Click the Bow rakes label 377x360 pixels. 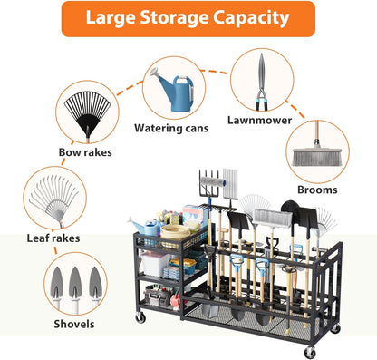tap(85, 152)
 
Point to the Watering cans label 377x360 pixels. tap(171, 128)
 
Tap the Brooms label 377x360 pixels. tap(316, 190)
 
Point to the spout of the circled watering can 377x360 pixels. tap(155, 83)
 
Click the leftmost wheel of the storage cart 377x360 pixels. tap(141, 317)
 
